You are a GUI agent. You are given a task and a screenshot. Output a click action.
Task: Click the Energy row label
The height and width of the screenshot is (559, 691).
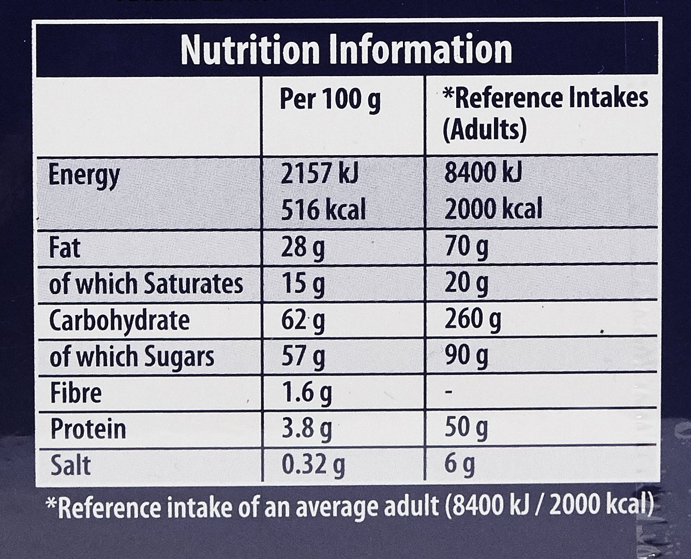point(84,176)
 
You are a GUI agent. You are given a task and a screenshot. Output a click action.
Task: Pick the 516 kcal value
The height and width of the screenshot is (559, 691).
point(323,209)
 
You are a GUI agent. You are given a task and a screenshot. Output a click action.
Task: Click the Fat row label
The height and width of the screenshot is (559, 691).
point(65,248)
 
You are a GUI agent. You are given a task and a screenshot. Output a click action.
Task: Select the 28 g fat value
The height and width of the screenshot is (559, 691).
point(303,249)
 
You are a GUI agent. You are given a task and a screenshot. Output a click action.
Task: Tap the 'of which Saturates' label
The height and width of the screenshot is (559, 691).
point(146,284)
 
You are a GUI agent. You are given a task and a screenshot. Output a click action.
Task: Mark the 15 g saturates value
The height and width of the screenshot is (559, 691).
point(303,284)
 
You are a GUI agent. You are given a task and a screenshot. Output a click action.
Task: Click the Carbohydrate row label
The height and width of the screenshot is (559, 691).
point(119,321)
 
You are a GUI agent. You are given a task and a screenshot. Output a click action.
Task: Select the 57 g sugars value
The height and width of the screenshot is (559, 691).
point(303,357)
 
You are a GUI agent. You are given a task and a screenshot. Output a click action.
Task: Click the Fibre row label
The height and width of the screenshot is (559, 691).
point(76,393)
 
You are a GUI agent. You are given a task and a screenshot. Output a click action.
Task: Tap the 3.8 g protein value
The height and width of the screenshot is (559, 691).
point(306,430)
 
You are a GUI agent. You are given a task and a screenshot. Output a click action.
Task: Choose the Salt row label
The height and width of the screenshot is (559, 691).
point(70,465)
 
